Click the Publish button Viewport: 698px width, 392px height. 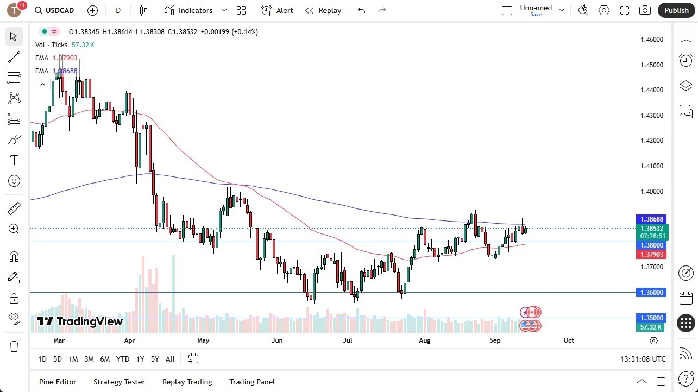pyautogui.click(x=676, y=10)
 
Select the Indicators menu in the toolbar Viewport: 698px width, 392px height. pyautogui.click(x=195, y=10)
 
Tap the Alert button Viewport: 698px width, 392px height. pyautogui.click(x=277, y=10)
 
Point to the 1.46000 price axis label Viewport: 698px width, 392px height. pyautogui.click(x=651, y=40)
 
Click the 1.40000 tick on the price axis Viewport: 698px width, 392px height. pyautogui.click(x=651, y=191)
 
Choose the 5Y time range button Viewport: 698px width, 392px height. pyautogui.click(x=155, y=359)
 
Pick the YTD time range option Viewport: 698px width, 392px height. pyautogui.click(x=123, y=359)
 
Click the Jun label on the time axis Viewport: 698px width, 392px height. pyautogui.click(x=277, y=340)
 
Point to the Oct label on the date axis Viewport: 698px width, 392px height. pyautogui.click(x=569, y=340)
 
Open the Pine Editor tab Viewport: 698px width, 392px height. pyautogui.click(x=58, y=382)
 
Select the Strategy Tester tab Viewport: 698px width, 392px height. pyautogui.click(x=119, y=382)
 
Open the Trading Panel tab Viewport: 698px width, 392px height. pyautogui.click(x=252, y=382)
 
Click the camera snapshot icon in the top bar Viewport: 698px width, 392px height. pyautogui.click(x=645, y=10)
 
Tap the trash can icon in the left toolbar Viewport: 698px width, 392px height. pyautogui.click(x=14, y=346)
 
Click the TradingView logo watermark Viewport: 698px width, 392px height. pyautogui.click(x=80, y=321)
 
